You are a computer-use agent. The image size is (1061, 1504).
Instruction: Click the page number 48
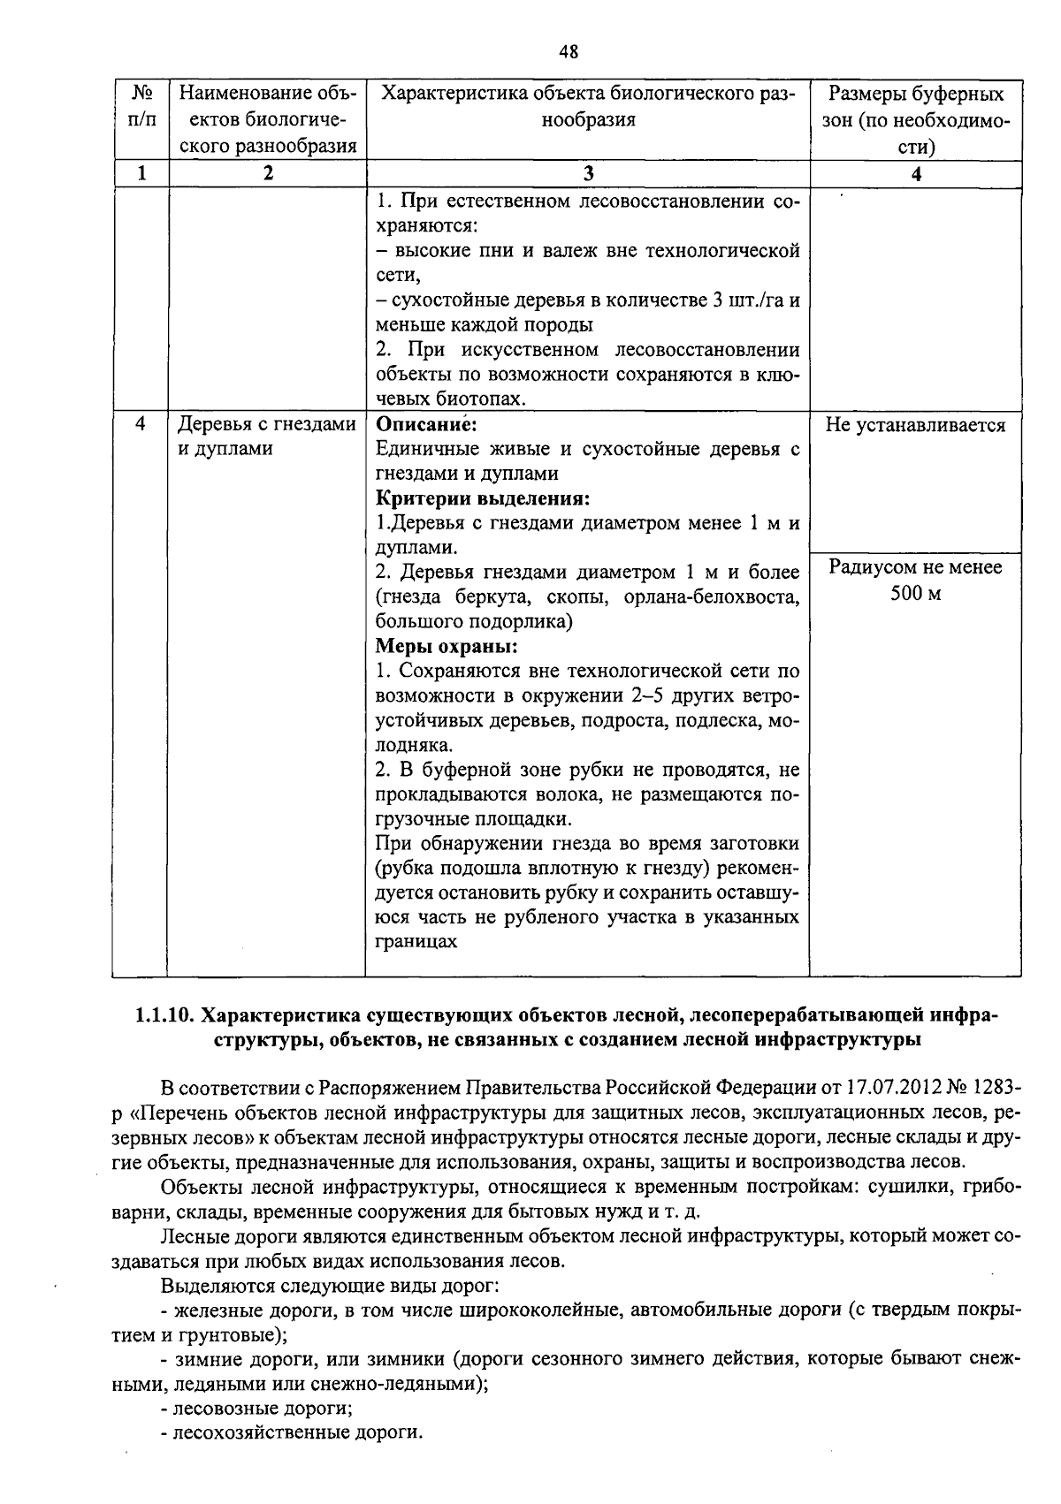[569, 51]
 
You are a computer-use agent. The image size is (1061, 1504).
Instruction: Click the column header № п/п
[141, 107]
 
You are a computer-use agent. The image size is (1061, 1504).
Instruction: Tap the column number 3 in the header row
[588, 174]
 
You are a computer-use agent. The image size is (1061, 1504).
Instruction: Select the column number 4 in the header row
[916, 174]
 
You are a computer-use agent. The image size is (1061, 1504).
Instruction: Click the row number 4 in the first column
[141, 424]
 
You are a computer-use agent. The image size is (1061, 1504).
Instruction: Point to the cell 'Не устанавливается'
[915, 425]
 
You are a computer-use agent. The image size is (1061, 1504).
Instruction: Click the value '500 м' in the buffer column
[915, 592]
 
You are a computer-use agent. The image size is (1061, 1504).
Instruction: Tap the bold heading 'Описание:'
[426, 424]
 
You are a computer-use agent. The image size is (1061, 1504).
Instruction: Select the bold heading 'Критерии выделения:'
[483, 498]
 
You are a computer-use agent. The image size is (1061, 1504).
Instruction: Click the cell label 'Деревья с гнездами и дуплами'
[266, 437]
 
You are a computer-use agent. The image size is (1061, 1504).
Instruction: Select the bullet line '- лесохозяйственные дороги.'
[292, 1432]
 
